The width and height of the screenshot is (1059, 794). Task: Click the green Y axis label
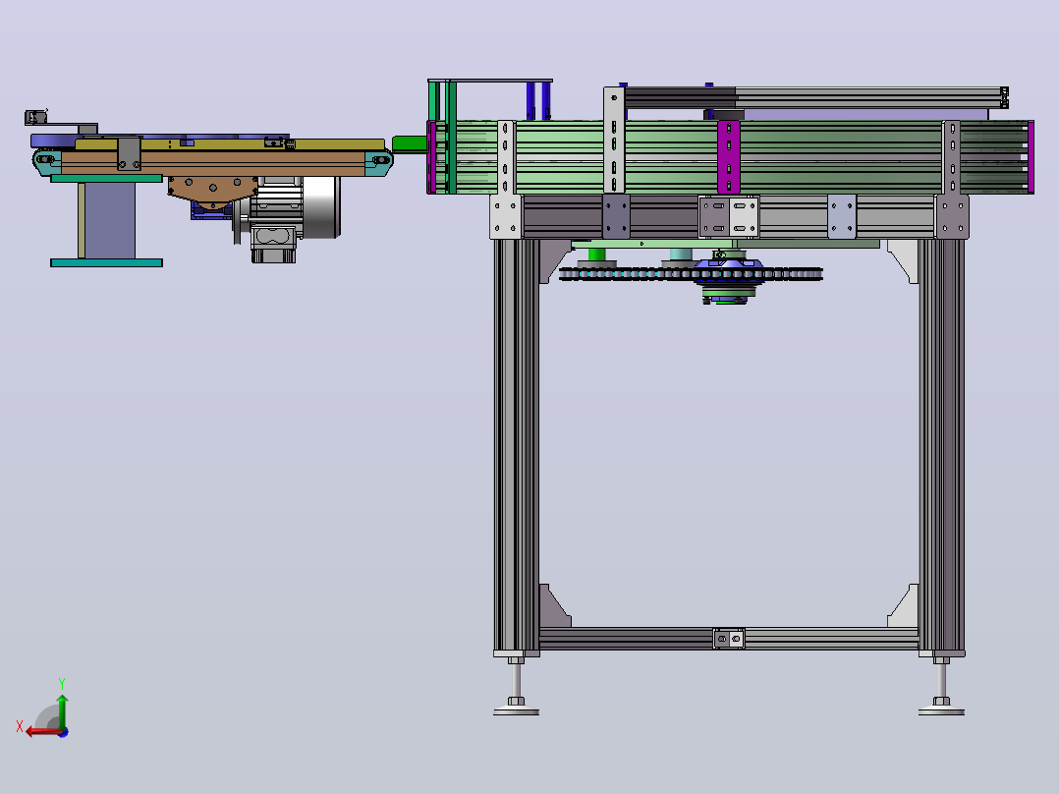pyautogui.click(x=62, y=683)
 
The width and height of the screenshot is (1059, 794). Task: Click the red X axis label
pyautogui.click(x=20, y=726)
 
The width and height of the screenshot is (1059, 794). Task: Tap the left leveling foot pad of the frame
pyautogui.click(x=516, y=710)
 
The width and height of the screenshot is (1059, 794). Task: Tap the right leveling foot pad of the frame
pyautogui.click(x=941, y=710)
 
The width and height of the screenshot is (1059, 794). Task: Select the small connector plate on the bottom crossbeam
pyautogui.click(x=729, y=638)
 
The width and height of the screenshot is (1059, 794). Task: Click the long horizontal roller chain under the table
pyautogui.click(x=691, y=274)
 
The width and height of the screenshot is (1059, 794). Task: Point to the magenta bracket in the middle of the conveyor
pyautogui.click(x=729, y=157)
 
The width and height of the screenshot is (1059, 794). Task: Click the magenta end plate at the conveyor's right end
pyautogui.click(x=1031, y=157)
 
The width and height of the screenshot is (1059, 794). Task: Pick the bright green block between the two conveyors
pyautogui.click(x=410, y=143)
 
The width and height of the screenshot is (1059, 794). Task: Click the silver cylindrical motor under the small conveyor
pyautogui.click(x=320, y=206)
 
